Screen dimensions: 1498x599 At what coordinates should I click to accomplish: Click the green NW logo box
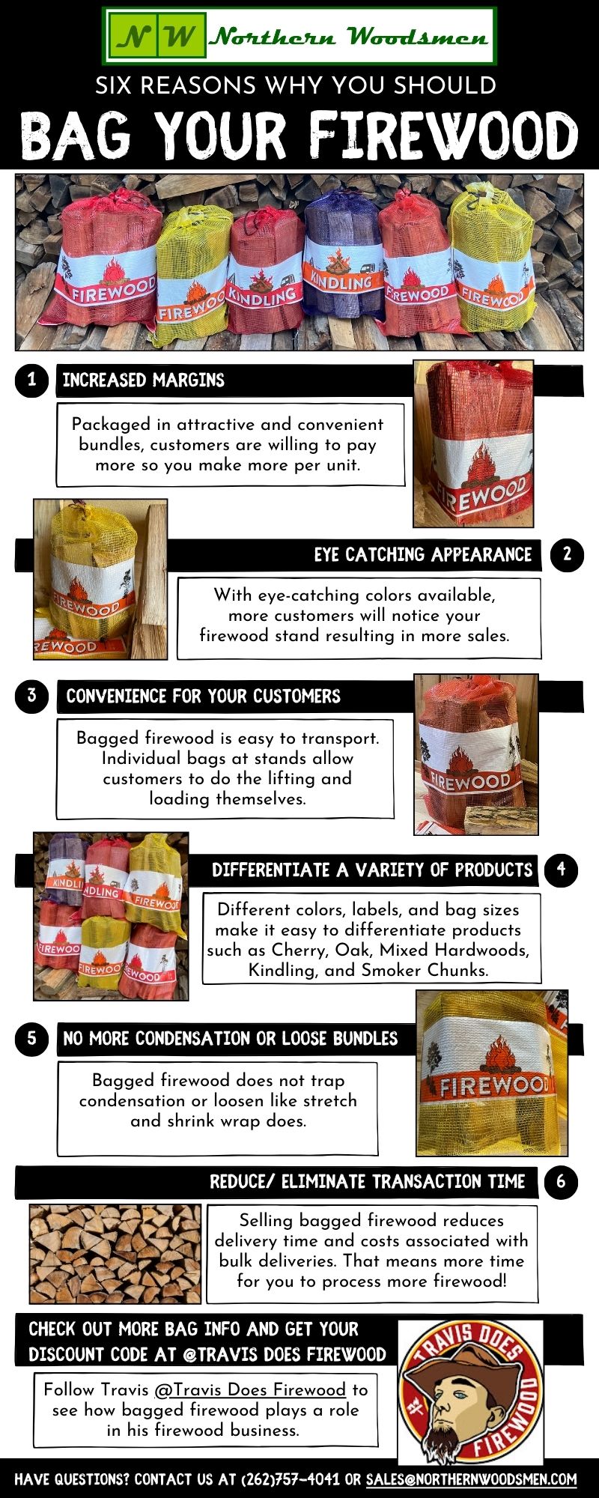click(x=156, y=35)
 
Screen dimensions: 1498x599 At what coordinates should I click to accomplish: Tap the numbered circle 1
click(x=31, y=380)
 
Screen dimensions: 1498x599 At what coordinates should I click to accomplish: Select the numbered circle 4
click(x=561, y=870)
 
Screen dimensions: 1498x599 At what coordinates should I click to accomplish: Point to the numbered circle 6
click(x=561, y=1182)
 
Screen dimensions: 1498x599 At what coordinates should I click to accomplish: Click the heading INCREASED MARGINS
click(x=143, y=380)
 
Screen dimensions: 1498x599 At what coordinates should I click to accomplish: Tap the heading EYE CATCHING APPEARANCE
click(x=422, y=555)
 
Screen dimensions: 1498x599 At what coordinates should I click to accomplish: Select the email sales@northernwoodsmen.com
click(x=471, y=1480)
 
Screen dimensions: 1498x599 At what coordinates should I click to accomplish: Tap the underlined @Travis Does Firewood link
click(x=250, y=1389)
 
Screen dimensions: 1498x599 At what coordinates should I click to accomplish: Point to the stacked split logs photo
click(x=115, y=1253)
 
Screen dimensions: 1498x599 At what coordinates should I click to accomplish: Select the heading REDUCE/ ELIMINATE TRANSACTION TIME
click(x=367, y=1182)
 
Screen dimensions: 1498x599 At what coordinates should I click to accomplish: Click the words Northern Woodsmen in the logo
click(x=349, y=36)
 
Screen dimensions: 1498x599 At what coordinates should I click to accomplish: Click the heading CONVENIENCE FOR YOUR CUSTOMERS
click(x=203, y=697)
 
